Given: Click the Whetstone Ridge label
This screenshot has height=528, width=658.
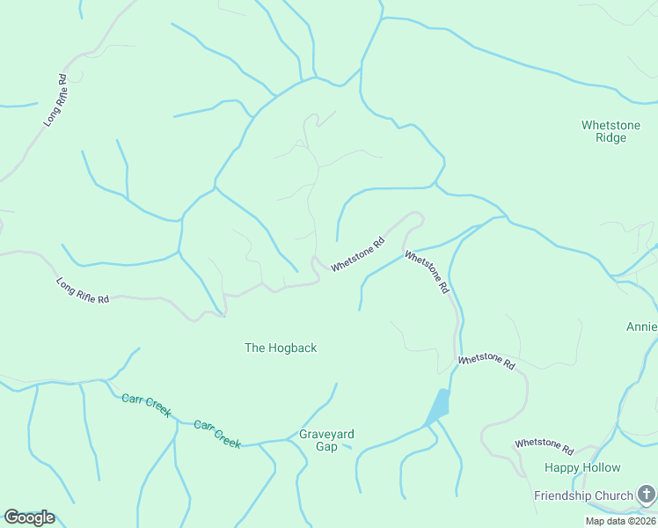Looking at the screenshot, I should point(610,131).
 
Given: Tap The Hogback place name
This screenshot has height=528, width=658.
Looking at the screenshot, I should point(280,348).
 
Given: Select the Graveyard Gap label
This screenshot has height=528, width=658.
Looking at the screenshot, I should point(325,440).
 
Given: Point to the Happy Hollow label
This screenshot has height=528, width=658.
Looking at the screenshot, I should point(582,467).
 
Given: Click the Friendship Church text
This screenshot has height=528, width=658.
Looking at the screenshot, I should point(583,495).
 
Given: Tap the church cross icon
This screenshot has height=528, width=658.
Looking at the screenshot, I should point(647,495).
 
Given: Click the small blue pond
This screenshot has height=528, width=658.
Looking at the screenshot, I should point(438,406).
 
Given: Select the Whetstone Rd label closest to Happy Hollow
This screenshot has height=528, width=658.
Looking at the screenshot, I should point(544,447).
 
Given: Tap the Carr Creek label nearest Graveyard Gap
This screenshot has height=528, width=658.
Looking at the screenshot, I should point(217,435).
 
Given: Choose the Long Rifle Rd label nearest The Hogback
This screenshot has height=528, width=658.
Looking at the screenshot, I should point(83,291).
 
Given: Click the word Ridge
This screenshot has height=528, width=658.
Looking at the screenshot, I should point(610,137).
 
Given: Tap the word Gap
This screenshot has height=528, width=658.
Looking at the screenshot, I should point(326,446).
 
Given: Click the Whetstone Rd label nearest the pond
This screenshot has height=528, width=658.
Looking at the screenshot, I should point(486,361).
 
